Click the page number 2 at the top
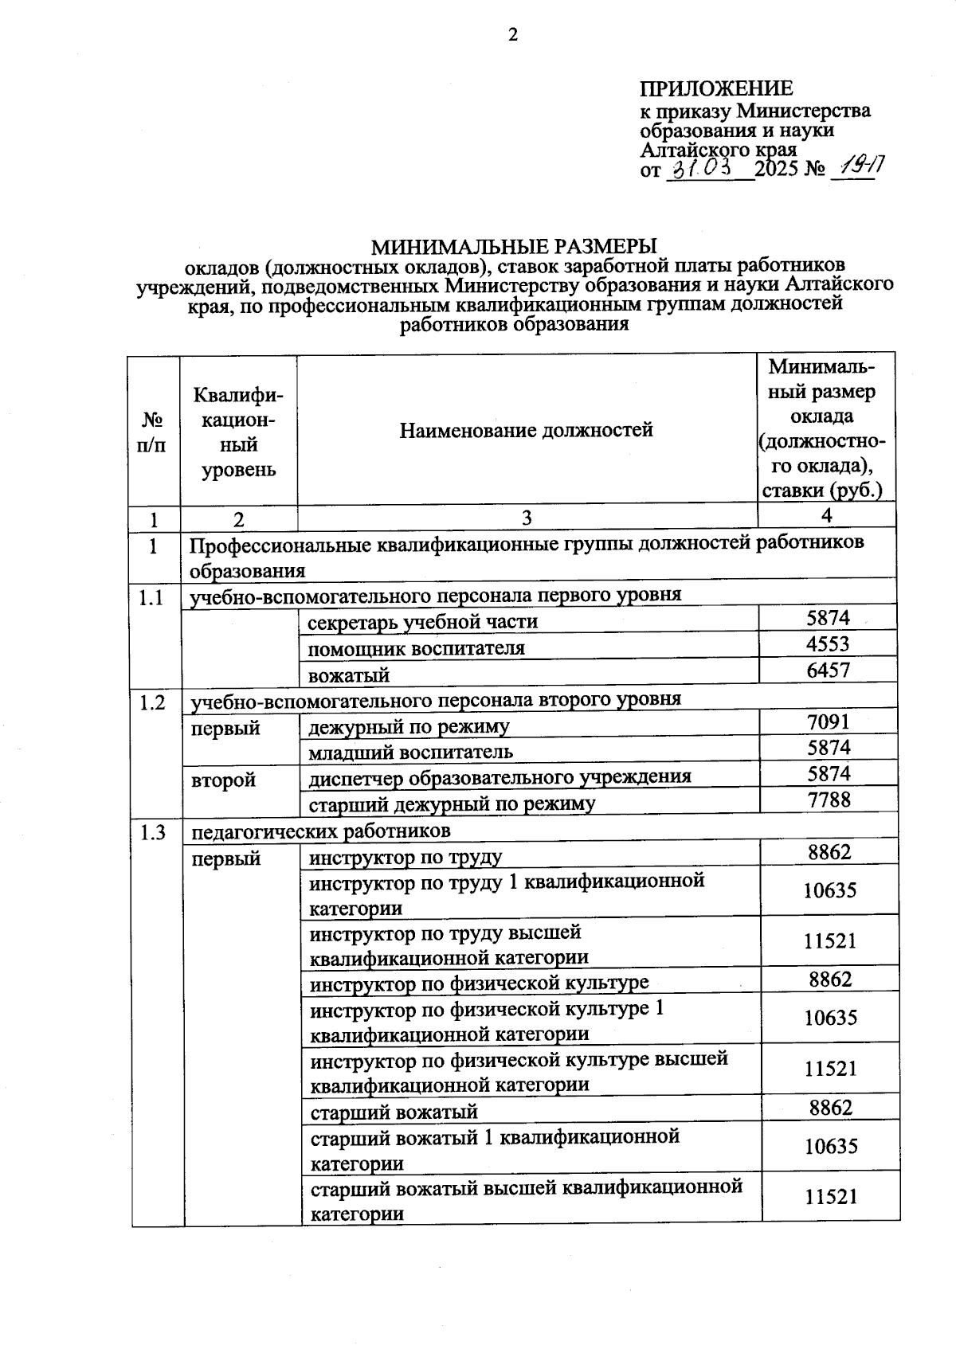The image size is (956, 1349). [x=513, y=35]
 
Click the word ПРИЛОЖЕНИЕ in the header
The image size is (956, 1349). [x=716, y=88]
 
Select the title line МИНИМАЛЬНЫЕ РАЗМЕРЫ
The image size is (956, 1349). [x=514, y=246]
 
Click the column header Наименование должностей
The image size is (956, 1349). [x=526, y=431]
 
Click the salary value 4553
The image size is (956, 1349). [x=828, y=644]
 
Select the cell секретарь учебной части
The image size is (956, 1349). [x=423, y=622]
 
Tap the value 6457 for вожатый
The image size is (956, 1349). [x=828, y=671]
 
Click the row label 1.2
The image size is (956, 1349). [x=151, y=703]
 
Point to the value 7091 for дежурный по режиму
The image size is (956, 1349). [x=828, y=722]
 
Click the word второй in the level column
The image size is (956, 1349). [x=224, y=780]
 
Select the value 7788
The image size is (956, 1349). [x=829, y=800]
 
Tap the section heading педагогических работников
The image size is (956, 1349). [x=321, y=831]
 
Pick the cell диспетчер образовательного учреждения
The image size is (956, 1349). [x=500, y=777]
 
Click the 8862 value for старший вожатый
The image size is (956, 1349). [x=830, y=1109]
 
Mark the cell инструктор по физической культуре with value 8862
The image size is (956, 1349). [x=479, y=983]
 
